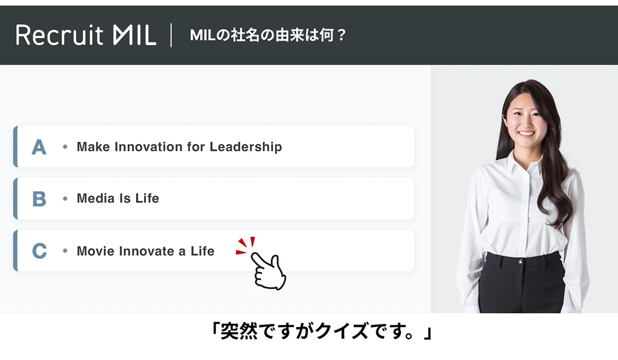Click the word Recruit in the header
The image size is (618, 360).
pos(60,35)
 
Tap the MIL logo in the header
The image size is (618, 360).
pos(135,35)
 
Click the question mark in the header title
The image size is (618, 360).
pos(342,35)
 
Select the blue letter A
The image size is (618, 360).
pos(39,147)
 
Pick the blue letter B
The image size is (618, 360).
pos(39,199)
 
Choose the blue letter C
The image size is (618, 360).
pos(39,251)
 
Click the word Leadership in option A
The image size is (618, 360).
pos(246,147)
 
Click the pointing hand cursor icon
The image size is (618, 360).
pos(268,271)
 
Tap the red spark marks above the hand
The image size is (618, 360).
pos(246,245)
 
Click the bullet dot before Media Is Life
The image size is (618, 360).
pos(65,198)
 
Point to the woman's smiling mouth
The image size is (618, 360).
pos(526,134)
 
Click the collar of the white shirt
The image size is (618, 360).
pos(524,162)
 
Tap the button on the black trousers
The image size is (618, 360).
pos(521,262)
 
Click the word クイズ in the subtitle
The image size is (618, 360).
pos(342,331)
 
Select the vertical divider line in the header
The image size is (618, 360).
pos(171,35)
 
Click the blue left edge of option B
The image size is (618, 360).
pos(15,198)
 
